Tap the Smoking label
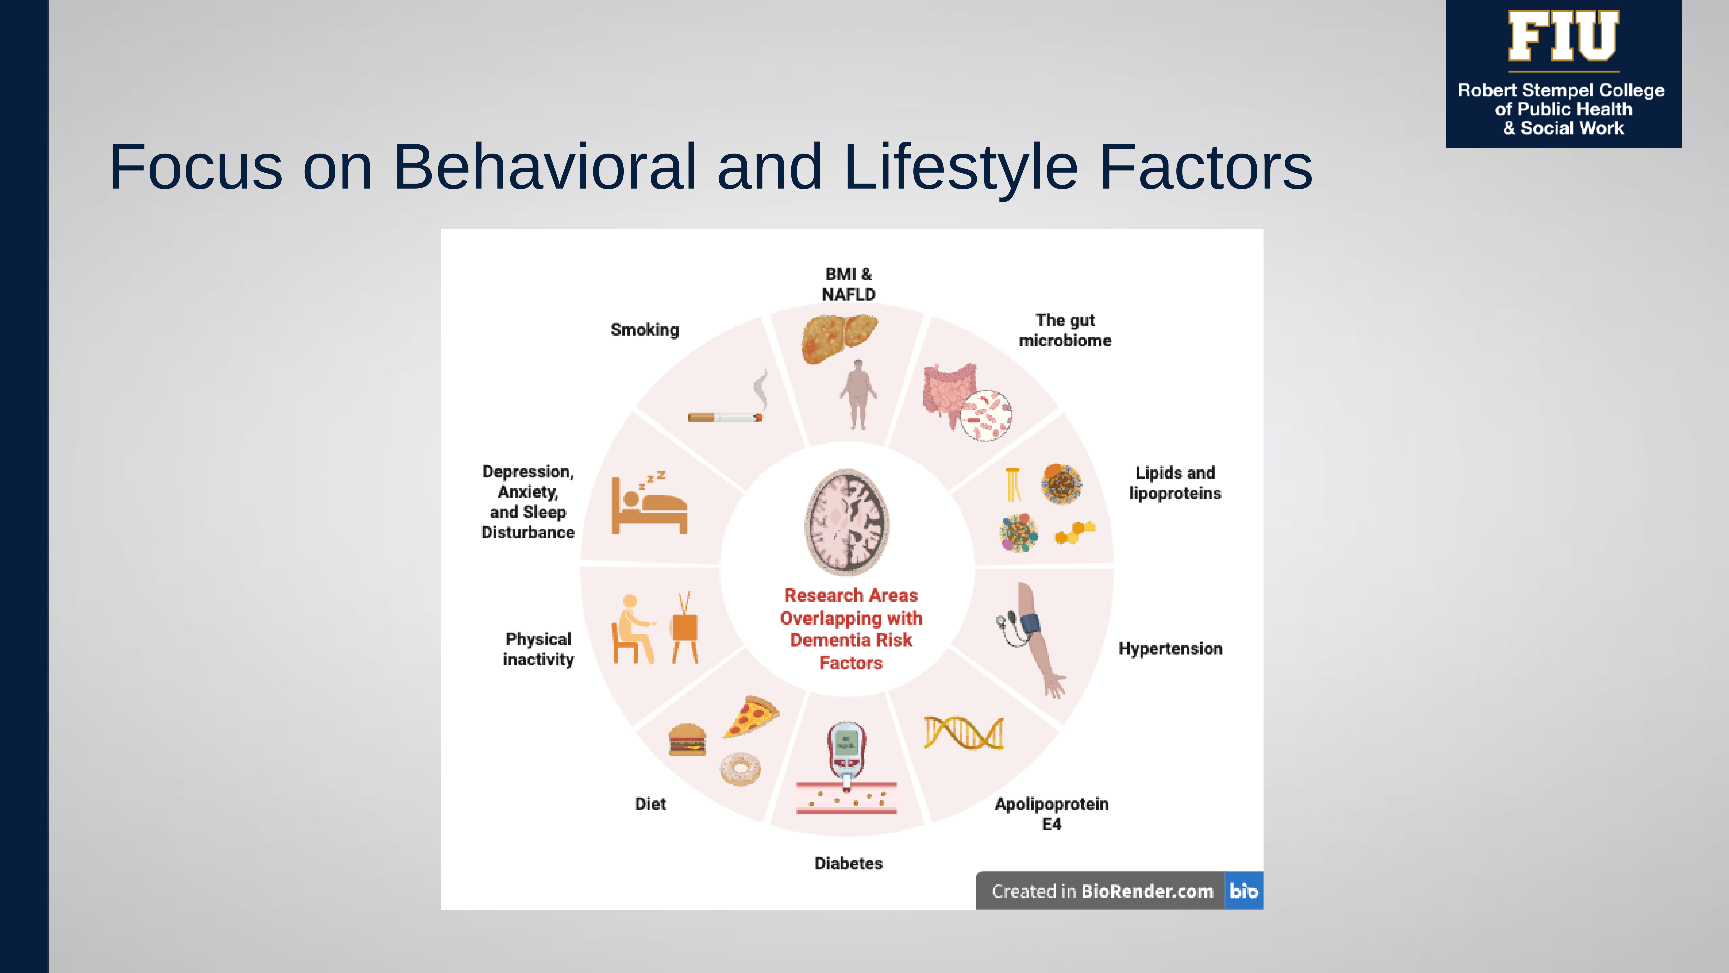click(x=644, y=330)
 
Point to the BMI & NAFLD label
click(x=848, y=284)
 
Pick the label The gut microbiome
click(x=1065, y=330)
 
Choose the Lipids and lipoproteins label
click(x=1174, y=483)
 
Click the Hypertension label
click(x=1170, y=649)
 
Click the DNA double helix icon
click(x=964, y=733)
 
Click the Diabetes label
click(x=848, y=864)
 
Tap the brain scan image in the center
click(x=847, y=522)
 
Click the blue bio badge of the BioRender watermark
click(x=1244, y=891)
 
